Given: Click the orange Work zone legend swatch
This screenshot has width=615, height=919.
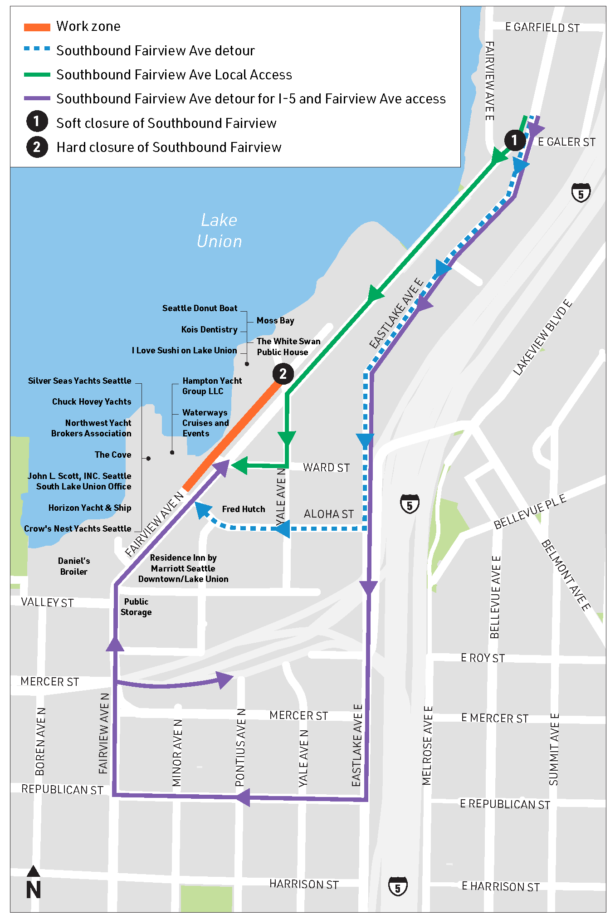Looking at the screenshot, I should [37, 27].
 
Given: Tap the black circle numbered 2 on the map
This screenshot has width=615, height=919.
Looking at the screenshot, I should [283, 374].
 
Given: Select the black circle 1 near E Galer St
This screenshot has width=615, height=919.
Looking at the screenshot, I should [514, 140].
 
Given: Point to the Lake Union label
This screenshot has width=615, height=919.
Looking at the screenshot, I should [219, 230].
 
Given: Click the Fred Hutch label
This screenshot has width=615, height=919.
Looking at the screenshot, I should [244, 509].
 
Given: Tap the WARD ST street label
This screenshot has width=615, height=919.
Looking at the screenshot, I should [326, 468].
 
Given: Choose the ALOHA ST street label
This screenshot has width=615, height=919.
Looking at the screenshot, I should [328, 514].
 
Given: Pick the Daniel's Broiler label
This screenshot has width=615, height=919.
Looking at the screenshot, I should [74, 566].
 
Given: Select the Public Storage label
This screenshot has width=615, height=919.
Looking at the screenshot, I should [136, 607].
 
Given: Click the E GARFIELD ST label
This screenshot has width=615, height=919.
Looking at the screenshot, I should [542, 28].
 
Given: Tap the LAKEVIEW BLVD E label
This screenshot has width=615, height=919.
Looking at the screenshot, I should [542, 337].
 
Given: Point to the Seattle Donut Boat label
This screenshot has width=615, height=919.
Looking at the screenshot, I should [200, 308].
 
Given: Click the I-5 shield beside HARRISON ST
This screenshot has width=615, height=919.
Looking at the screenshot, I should [398, 886].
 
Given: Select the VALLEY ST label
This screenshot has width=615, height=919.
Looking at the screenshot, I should [47, 602].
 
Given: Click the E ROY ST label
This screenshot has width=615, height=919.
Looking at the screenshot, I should [483, 658].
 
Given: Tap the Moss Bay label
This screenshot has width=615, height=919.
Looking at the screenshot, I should [275, 321].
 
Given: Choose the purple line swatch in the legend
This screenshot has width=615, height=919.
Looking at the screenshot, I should [37, 98].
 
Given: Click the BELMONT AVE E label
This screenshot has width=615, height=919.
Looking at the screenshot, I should [566, 575].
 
